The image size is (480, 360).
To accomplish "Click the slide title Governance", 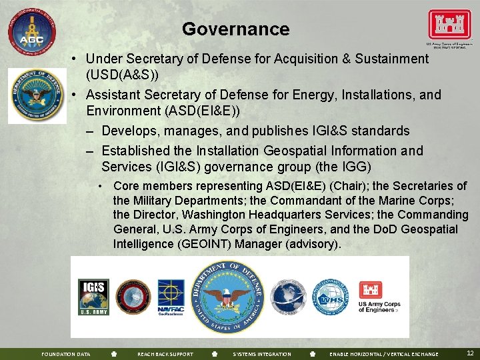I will pyautogui.click(x=235, y=29).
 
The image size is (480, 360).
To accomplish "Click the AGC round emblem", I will pyautogui.click(x=32, y=33).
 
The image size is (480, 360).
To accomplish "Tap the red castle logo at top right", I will pyautogui.click(x=449, y=25).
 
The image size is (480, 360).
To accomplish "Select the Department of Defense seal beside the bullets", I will pyautogui.click(x=37, y=95).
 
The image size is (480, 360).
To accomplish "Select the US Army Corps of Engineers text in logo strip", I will pyautogui.click(x=378, y=307).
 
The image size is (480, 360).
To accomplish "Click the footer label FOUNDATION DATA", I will pyautogui.click(x=66, y=354).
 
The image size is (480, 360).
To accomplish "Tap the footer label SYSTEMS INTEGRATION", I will pyautogui.click(x=262, y=354).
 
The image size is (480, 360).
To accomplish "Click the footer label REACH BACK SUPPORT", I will pyautogui.click(x=165, y=354).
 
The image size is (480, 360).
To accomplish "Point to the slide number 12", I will pyautogui.click(x=470, y=353).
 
